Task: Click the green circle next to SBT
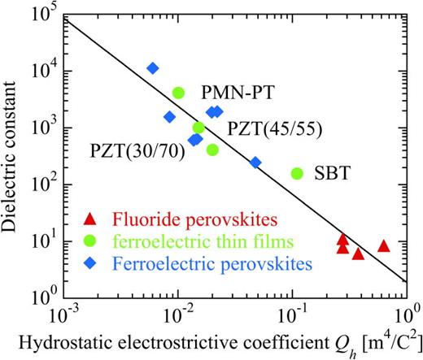297,173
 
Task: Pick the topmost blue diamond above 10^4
152,68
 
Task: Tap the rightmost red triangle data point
384,245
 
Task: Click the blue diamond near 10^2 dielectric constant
255,163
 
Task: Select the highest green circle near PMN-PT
179,93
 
